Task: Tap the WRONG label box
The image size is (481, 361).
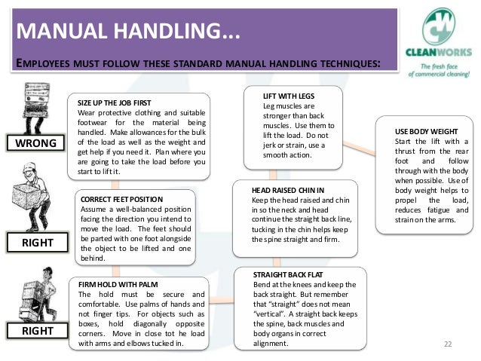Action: click(x=34, y=143)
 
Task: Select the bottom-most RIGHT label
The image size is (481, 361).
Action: click(x=34, y=331)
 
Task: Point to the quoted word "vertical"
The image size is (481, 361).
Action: click(x=271, y=313)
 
